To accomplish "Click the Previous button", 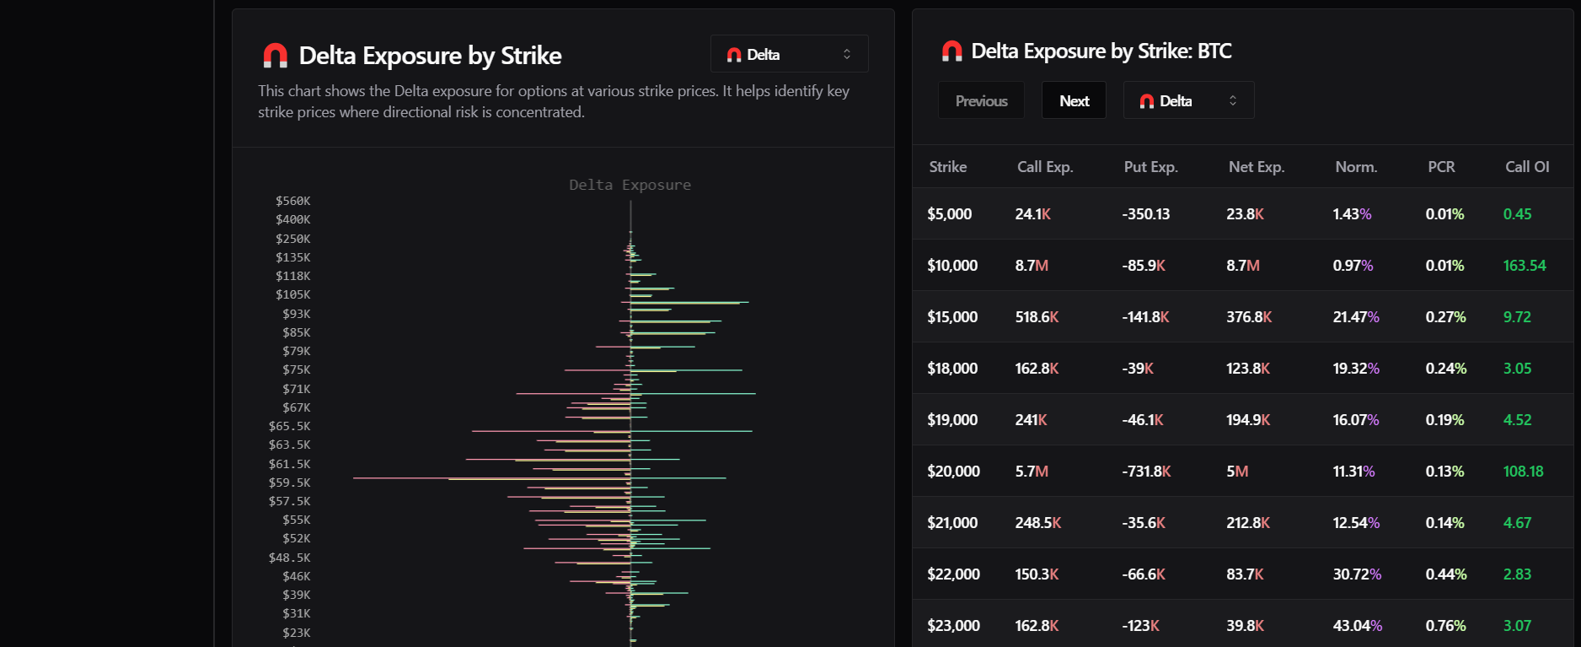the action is point(981,100).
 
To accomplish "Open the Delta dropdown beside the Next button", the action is point(1188,100).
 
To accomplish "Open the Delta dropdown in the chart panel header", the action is point(789,54).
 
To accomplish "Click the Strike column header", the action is point(948,167).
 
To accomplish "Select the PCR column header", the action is point(1441,167).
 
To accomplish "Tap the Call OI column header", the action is point(1527,167).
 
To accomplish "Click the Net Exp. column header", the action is point(1257,167).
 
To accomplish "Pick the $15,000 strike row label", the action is point(952,317).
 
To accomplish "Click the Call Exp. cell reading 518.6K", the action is point(1037,317).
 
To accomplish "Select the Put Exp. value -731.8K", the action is point(1146,472).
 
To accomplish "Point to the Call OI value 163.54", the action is point(1525,266).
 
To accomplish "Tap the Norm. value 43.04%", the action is point(1357,626).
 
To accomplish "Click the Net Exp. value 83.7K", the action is point(1245,574).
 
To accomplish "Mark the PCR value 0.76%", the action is point(1445,626).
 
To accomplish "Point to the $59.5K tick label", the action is point(289,483).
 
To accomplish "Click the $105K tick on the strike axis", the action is point(292,294).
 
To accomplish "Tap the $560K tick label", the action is point(292,201).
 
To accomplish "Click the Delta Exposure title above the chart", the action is point(630,185).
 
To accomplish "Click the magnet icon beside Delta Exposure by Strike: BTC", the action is point(951,51).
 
